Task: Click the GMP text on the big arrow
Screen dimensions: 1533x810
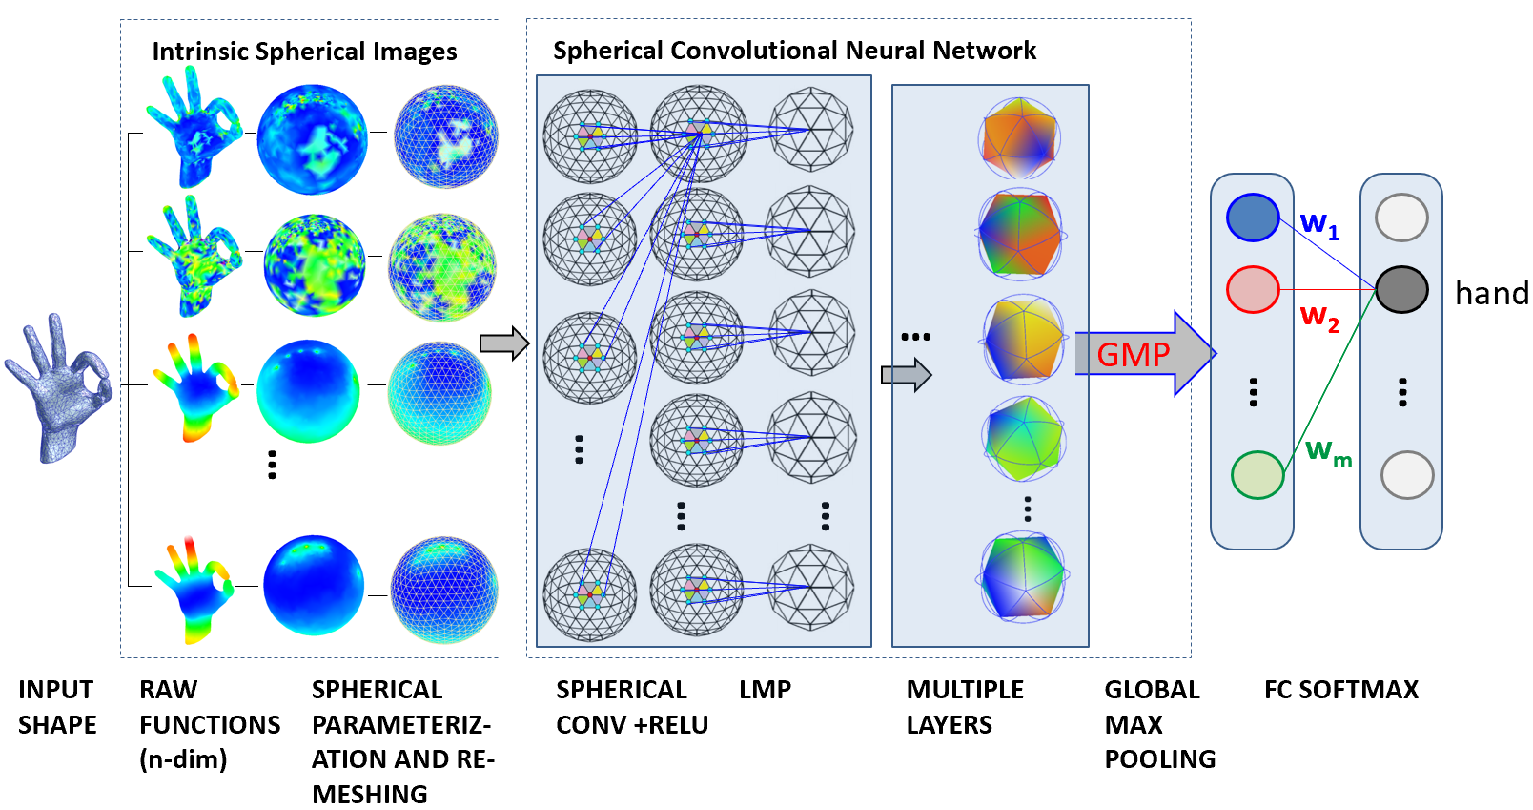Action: tap(1134, 355)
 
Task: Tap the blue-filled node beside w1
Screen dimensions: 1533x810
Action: tap(1253, 218)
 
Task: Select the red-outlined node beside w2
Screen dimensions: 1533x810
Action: tap(1253, 290)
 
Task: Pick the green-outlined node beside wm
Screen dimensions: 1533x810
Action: tap(1257, 474)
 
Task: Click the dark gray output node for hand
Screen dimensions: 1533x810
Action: tap(1401, 290)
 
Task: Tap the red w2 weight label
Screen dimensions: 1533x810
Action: tap(1319, 318)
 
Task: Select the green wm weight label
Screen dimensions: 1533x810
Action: tap(1328, 452)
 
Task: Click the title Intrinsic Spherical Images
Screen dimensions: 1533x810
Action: tap(304, 52)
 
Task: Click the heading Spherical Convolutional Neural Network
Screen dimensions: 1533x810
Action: tap(794, 51)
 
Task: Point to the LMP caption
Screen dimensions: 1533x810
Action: tap(766, 690)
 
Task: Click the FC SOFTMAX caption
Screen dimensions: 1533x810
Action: tap(1341, 690)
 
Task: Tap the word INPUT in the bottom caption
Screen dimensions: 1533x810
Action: tap(55, 690)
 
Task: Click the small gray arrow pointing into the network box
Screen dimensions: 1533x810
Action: tap(504, 343)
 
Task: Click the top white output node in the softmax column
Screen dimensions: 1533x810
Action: tap(1401, 218)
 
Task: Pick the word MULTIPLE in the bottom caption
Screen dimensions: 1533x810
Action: tap(965, 690)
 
